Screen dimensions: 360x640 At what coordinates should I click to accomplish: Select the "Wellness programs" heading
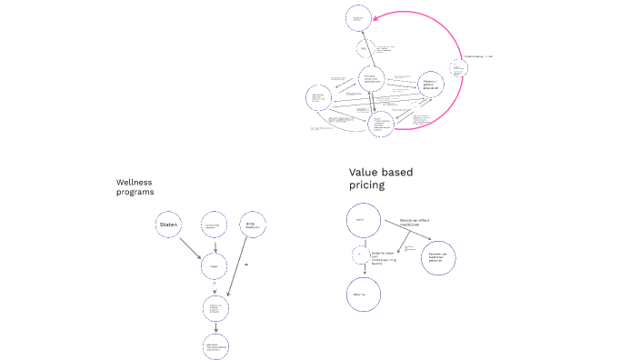point(135,186)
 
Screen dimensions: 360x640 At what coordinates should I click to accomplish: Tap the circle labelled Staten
point(168,225)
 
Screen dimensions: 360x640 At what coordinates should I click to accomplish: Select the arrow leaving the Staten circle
point(191,246)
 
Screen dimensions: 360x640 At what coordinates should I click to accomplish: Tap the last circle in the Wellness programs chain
point(215,346)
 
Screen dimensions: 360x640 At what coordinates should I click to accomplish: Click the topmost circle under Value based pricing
point(362,220)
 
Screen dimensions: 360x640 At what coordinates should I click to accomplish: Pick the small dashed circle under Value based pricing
point(360,255)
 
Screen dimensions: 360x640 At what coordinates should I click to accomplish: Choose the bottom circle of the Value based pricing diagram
point(362,294)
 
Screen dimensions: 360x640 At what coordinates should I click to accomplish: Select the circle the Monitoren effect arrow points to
point(439,257)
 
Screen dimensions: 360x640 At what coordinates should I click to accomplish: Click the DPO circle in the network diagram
point(365,49)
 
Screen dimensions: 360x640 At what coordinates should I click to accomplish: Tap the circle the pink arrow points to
point(358,16)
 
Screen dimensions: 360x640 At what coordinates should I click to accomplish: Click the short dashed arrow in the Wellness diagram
point(215,246)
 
